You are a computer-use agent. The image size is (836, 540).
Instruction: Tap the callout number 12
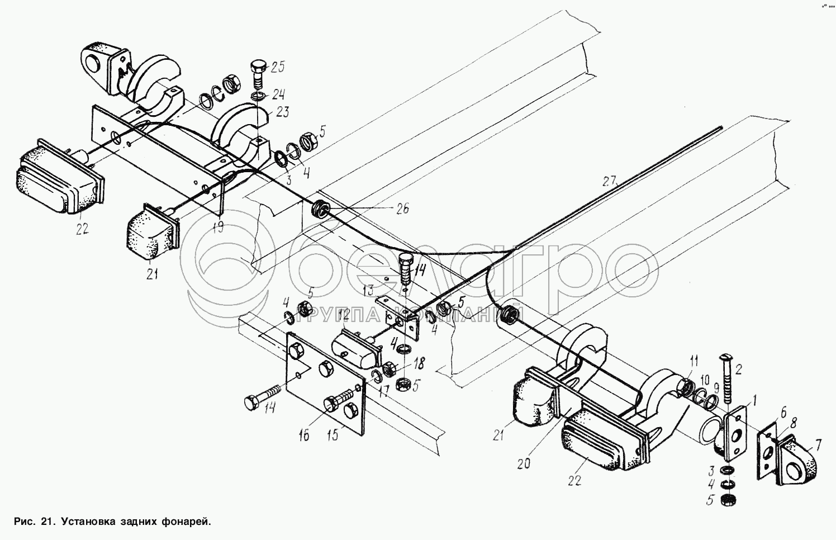tap(343, 315)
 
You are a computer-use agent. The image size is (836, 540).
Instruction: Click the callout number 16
tap(303, 435)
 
